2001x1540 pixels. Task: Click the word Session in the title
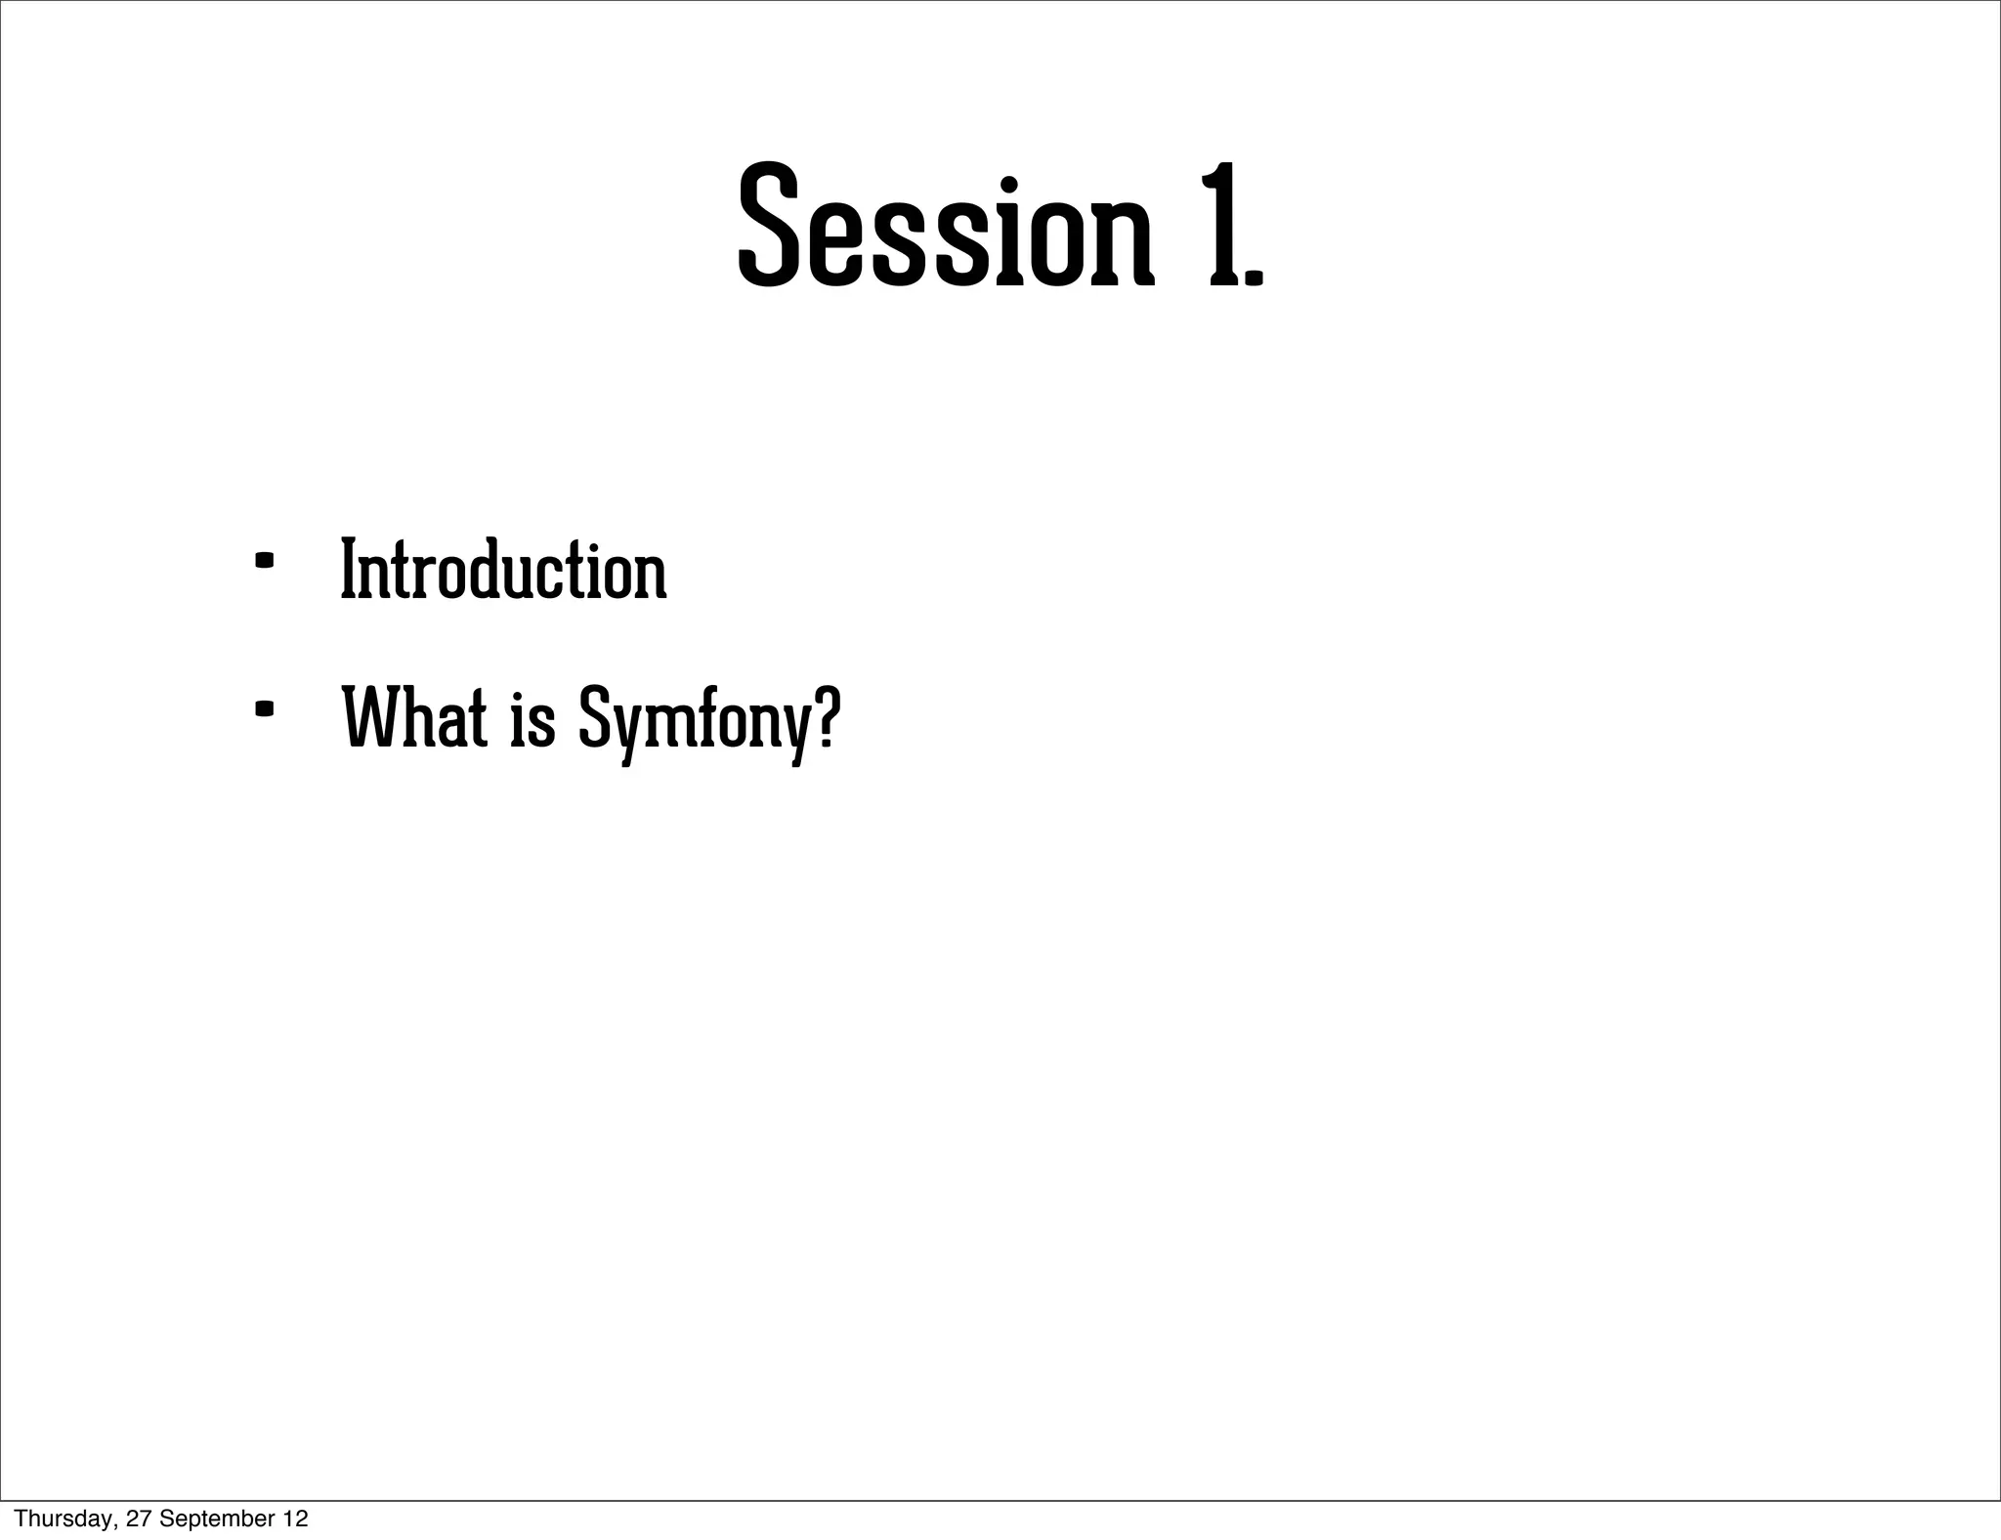945,227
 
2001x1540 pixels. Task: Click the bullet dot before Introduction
263,562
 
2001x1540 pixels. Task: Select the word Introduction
503,571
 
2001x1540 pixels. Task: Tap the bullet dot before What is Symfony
263,709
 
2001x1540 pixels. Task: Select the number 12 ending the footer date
296,1519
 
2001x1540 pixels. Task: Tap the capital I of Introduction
348,571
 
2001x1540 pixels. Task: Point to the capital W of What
368,718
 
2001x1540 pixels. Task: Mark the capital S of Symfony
592,718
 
